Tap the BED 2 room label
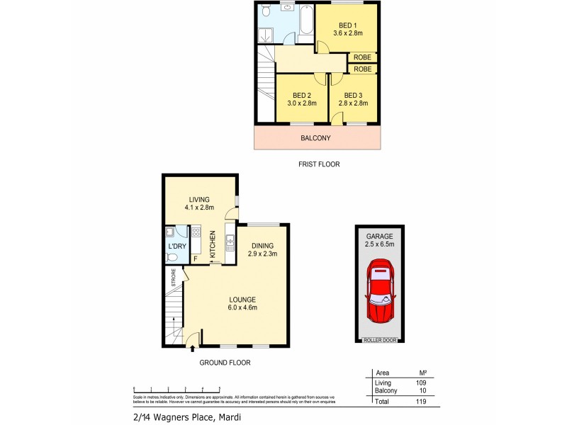(302, 96)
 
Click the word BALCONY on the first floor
(317, 139)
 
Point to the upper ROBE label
(362, 57)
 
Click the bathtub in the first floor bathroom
(307, 20)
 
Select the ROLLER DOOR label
(380, 340)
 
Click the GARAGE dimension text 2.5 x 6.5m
(380, 245)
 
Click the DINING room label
(262, 246)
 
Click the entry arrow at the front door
(191, 347)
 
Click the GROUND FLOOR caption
(225, 363)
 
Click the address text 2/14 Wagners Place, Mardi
(186, 417)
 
